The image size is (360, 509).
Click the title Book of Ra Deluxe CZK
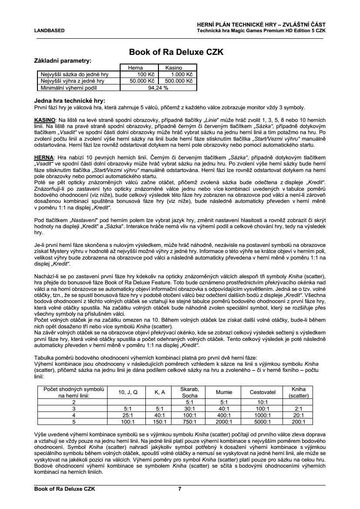click(176, 52)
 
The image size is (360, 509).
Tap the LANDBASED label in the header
click(49, 30)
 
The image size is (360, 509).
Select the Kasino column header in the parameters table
click(173, 68)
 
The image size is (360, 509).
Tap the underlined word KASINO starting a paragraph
click(44, 119)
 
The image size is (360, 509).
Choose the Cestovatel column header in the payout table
click(262, 392)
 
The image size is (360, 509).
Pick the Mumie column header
click(224, 392)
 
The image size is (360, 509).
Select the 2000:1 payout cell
click(224, 421)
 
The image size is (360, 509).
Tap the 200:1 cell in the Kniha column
click(298, 421)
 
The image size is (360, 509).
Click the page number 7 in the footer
click(180, 489)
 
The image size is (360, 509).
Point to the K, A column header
click(160, 392)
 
